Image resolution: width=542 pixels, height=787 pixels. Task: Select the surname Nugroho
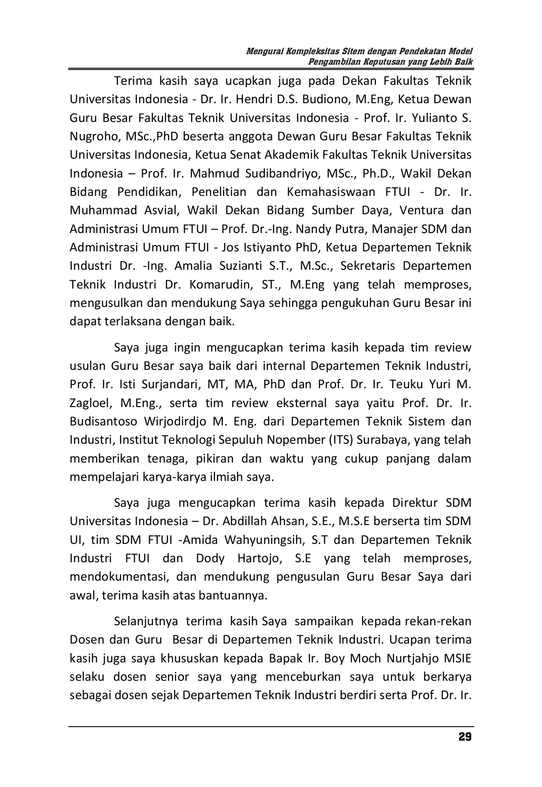point(90,136)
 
